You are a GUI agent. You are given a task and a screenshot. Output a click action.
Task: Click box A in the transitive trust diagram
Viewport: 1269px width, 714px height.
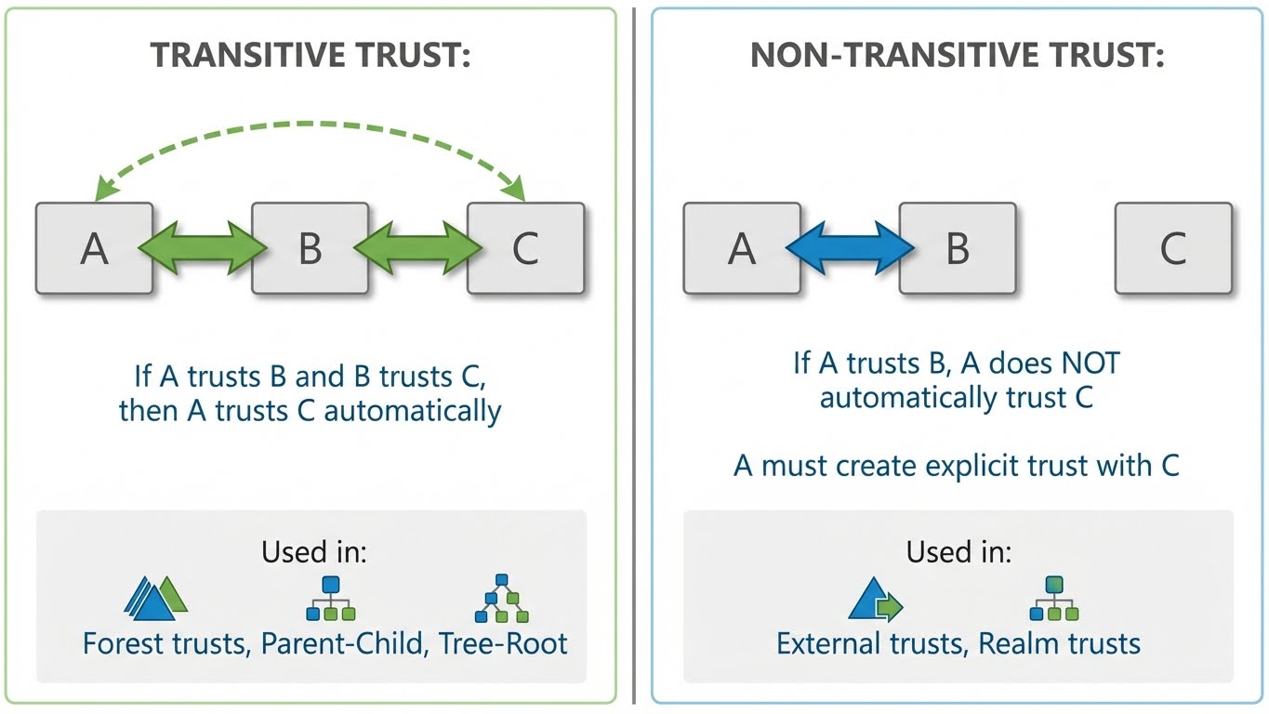point(94,248)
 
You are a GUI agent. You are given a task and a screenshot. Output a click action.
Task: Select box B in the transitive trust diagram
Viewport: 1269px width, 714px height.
point(310,248)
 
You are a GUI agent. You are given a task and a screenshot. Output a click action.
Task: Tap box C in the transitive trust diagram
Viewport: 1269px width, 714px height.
point(525,248)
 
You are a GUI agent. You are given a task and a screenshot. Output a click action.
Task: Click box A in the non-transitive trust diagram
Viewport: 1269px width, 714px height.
point(741,248)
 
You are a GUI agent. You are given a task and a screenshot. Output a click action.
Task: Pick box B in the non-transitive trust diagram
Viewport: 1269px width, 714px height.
point(957,248)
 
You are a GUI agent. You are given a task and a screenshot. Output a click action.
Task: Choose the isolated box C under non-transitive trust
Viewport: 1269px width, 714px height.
point(1172,248)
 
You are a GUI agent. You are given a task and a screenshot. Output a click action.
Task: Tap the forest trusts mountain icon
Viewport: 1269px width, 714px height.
point(155,600)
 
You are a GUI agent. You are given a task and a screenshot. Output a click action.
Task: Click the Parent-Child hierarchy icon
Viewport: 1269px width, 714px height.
point(330,600)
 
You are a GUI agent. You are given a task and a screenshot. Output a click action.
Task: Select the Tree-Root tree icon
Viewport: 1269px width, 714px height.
point(502,600)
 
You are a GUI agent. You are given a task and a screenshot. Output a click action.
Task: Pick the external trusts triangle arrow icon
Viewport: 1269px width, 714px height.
point(875,600)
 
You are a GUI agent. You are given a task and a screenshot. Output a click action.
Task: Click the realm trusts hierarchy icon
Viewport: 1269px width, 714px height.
point(1053,600)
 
